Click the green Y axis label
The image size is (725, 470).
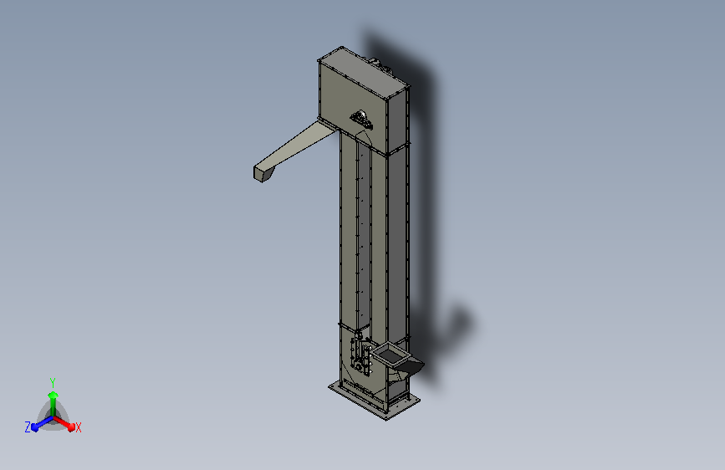click(x=53, y=382)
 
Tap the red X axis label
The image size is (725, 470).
click(x=78, y=427)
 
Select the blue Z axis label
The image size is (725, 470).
click(x=28, y=427)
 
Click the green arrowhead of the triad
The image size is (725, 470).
click(x=54, y=395)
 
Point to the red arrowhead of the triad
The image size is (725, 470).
click(x=71, y=427)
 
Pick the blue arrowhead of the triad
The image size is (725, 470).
click(x=35, y=427)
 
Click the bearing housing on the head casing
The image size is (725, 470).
click(x=361, y=119)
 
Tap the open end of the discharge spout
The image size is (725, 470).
click(x=263, y=173)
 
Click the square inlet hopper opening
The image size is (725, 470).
click(x=390, y=355)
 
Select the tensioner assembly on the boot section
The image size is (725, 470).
click(x=361, y=354)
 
